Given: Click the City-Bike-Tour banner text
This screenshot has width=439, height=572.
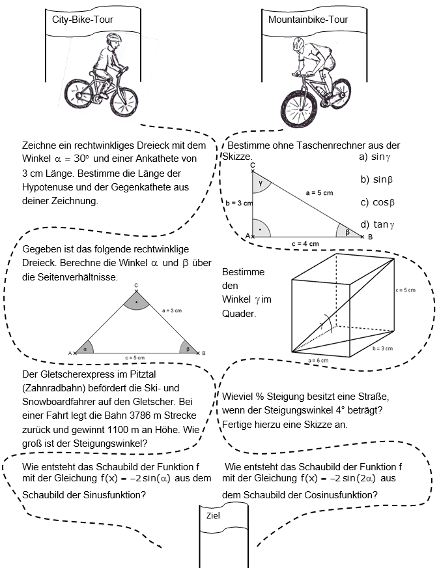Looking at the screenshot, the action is point(83,20).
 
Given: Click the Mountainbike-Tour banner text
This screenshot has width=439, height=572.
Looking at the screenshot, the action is point(308,20).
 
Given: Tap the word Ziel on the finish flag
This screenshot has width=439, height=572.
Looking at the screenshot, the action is point(213,515).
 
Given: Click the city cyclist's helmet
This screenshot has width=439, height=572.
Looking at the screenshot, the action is point(113,38).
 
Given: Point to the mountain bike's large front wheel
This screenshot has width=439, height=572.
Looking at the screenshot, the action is point(301,108).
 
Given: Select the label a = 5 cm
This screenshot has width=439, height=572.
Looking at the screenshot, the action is point(320,192).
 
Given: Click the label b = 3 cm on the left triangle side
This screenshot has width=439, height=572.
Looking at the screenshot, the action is point(239,203).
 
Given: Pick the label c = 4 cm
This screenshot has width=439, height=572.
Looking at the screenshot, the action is point(305,244).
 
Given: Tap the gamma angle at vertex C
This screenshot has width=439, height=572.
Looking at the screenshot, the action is point(261,183).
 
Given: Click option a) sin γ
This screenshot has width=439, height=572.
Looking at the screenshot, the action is point(375,157).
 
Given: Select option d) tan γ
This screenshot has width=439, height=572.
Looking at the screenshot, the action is point(378,224).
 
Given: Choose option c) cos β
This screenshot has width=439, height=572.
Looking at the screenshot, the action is point(378,202).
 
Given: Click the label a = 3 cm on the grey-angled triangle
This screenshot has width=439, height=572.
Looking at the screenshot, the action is point(172,311).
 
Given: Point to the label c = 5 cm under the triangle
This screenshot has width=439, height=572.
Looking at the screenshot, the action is point(135,358).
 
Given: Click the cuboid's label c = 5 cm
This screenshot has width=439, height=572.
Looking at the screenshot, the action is point(406,290).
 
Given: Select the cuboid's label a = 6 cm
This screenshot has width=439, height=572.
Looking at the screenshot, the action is point(319,361).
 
